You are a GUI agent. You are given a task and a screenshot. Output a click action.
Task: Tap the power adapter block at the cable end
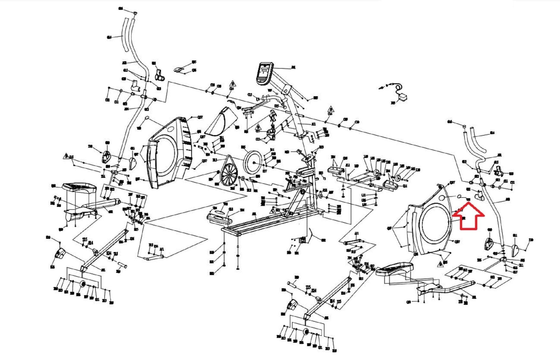[x=404, y=97]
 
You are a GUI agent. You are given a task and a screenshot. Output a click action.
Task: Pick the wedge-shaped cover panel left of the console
[x=221, y=122]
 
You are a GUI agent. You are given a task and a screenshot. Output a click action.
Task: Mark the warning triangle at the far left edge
[x=66, y=156]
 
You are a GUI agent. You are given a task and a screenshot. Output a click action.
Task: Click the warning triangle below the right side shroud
[x=440, y=264]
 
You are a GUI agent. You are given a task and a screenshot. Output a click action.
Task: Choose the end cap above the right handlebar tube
[x=464, y=126]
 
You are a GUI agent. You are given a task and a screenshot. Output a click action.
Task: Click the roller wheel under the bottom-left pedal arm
[x=82, y=284]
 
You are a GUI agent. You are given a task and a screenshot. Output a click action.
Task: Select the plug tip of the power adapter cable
[x=380, y=88]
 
